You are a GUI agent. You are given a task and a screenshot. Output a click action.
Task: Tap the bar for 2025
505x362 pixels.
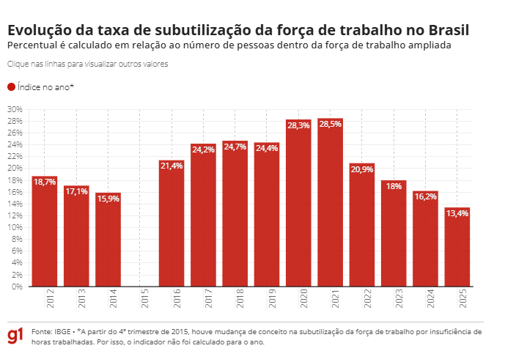pos(457,249)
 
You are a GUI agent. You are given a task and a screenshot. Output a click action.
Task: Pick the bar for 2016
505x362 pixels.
pos(172,227)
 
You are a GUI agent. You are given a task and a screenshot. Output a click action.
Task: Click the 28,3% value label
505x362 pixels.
pos(298,126)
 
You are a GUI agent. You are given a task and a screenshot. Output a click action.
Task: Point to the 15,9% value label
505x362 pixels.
pos(108,199)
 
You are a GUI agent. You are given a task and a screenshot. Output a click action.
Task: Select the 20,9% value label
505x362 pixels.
pos(362,169)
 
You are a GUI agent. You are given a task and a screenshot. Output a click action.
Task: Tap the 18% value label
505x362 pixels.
pos(394,186)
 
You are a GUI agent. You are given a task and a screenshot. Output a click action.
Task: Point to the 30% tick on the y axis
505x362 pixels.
pos(15,109)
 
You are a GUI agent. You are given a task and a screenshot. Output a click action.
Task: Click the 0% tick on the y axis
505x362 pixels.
pos(17,287)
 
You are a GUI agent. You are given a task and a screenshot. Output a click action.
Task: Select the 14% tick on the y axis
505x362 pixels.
pos(15,204)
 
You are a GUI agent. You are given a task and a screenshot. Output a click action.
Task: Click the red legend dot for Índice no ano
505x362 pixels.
pos(11,87)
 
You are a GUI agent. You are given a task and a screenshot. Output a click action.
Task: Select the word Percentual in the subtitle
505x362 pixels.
pos(31,45)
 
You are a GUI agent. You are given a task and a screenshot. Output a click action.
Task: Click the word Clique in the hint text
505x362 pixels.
pos(19,64)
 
